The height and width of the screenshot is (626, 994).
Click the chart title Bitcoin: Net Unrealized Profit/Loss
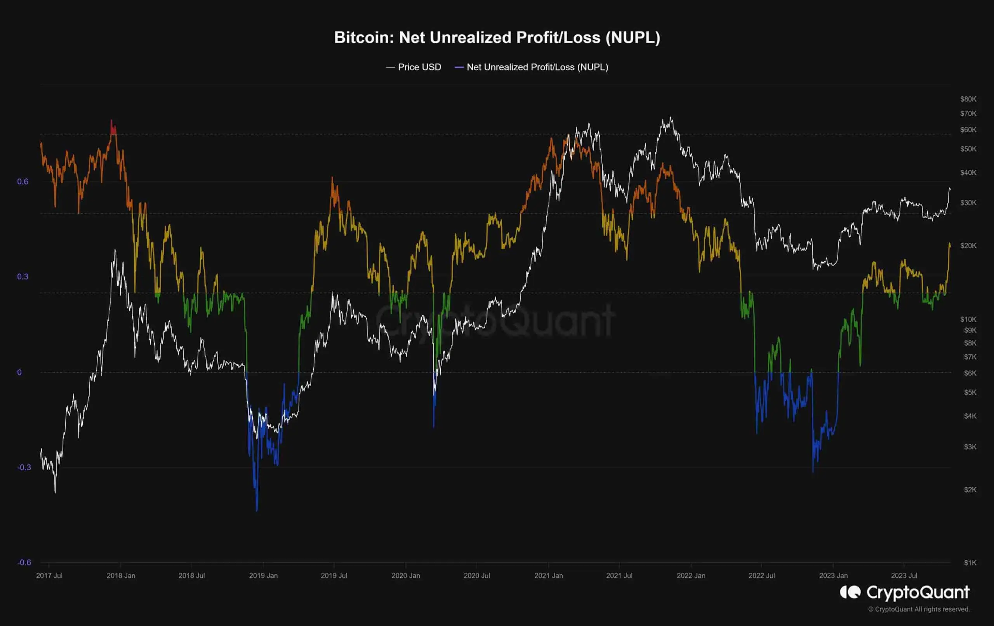click(497, 38)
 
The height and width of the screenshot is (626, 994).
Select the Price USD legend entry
click(414, 67)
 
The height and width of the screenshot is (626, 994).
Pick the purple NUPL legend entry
click(532, 67)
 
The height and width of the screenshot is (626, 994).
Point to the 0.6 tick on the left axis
click(23, 182)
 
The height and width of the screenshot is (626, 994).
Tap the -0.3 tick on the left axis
click(24, 468)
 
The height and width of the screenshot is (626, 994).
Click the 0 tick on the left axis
click(19, 372)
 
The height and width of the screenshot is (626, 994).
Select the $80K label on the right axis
click(968, 99)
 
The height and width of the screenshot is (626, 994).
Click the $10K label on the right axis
click(968, 319)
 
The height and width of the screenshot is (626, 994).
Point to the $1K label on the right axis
click(970, 563)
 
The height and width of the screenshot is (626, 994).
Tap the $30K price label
click(968, 203)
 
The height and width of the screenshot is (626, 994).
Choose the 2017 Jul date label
click(49, 576)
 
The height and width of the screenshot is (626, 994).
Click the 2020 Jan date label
click(406, 576)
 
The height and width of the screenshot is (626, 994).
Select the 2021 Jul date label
click(619, 576)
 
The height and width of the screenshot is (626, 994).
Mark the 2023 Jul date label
click(904, 576)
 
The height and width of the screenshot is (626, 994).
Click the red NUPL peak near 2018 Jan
click(112, 126)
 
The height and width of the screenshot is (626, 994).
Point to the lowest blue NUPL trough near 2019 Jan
click(257, 510)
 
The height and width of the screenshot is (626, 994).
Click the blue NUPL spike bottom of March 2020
click(433, 426)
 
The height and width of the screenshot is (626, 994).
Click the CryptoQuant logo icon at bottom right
click(850, 592)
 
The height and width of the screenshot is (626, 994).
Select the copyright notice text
click(918, 609)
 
